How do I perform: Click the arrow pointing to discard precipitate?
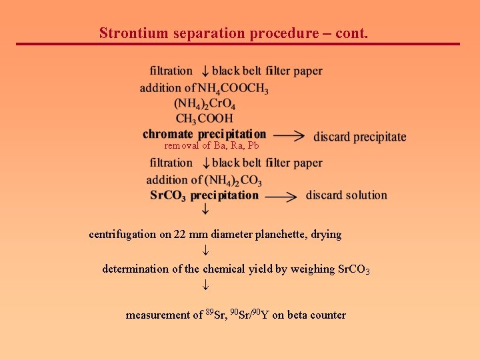pos(289,135)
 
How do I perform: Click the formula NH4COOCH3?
pos(233,88)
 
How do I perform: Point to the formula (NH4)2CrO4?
pos(205,103)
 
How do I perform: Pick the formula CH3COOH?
pos(204,119)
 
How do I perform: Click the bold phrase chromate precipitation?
pos(204,134)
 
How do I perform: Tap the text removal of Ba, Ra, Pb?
pos(211,145)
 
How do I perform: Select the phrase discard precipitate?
pos(359,137)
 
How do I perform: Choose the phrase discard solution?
pos(346,195)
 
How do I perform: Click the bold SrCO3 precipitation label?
pos(204,195)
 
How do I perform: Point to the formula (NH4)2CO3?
pos(233,180)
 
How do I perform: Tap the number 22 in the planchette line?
pos(179,235)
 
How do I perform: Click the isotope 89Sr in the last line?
pos(215,315)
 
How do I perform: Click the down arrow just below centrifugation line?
pos(206,251)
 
